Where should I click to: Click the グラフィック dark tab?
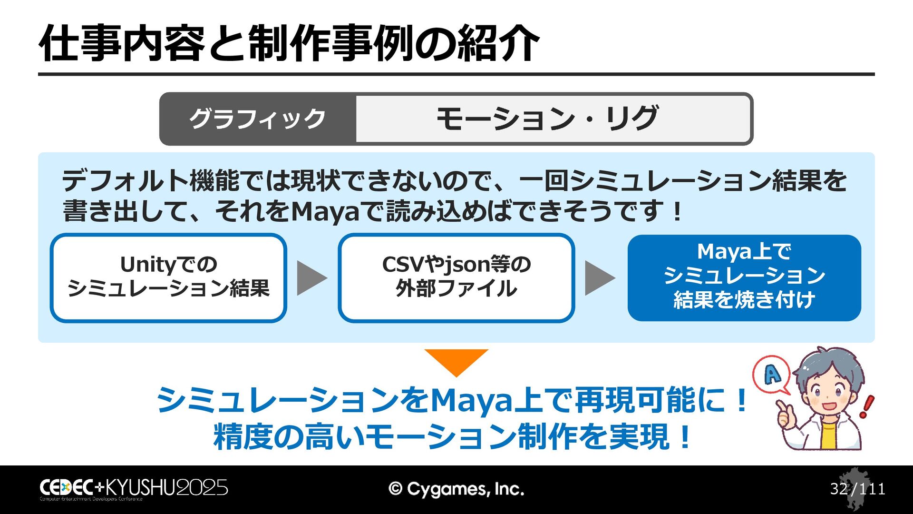[x=257, y=119]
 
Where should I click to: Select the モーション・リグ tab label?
[x=547, y=119]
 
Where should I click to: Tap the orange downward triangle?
[x=456, y=361]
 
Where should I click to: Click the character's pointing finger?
[x=780, y=407]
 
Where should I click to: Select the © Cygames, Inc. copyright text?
[x=456, y=489]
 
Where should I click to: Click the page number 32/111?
[x=857, y=489]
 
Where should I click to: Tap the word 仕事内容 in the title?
[x=122, y=44]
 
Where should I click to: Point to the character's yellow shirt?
[x=828, y=433]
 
